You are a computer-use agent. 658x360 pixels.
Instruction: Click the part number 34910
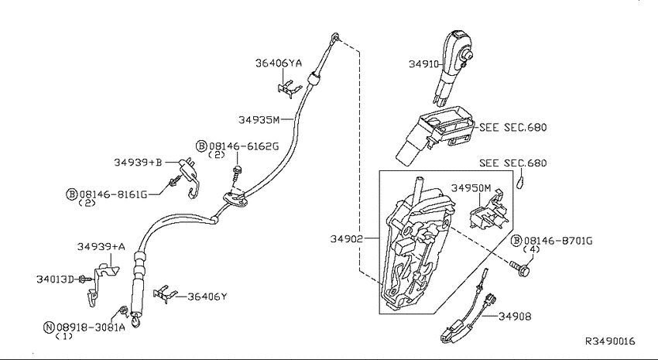click(x=423, y=63)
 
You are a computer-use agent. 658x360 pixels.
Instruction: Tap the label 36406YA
click(x=279, y=63)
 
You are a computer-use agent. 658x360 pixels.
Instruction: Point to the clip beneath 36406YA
click(x=290, y=89)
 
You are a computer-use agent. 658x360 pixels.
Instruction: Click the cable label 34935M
click(x=259, y=120)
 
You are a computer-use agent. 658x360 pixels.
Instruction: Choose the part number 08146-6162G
click(x=244, y=146)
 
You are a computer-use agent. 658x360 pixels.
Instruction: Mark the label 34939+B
click(x=138, y=162)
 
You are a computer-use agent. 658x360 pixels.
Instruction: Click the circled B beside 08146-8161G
click(x=72, y=194)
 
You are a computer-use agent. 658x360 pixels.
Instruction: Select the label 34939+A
click(x=101, y=247)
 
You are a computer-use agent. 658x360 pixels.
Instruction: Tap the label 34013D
click(x=55, y=279)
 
